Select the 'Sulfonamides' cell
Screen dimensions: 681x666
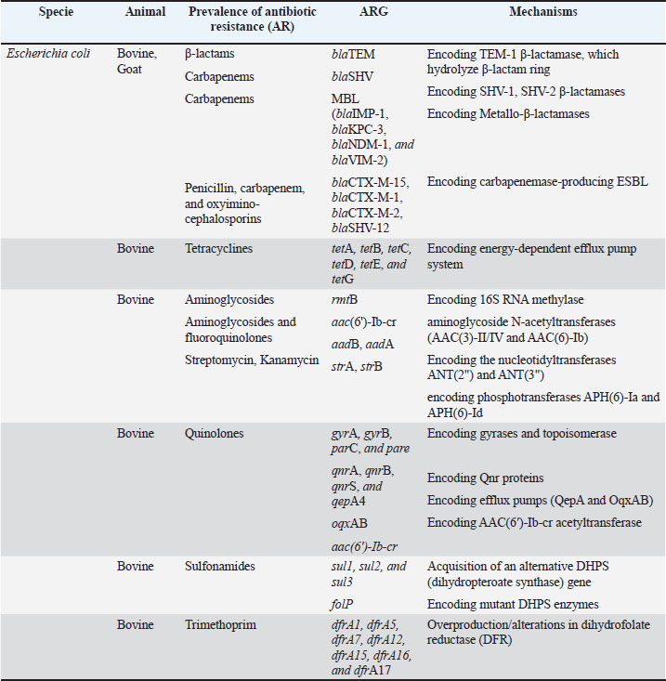(x=220, y=565)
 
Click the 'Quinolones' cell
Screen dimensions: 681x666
(x=215, y=433)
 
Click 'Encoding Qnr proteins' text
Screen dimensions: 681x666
(x=487, y=478)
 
